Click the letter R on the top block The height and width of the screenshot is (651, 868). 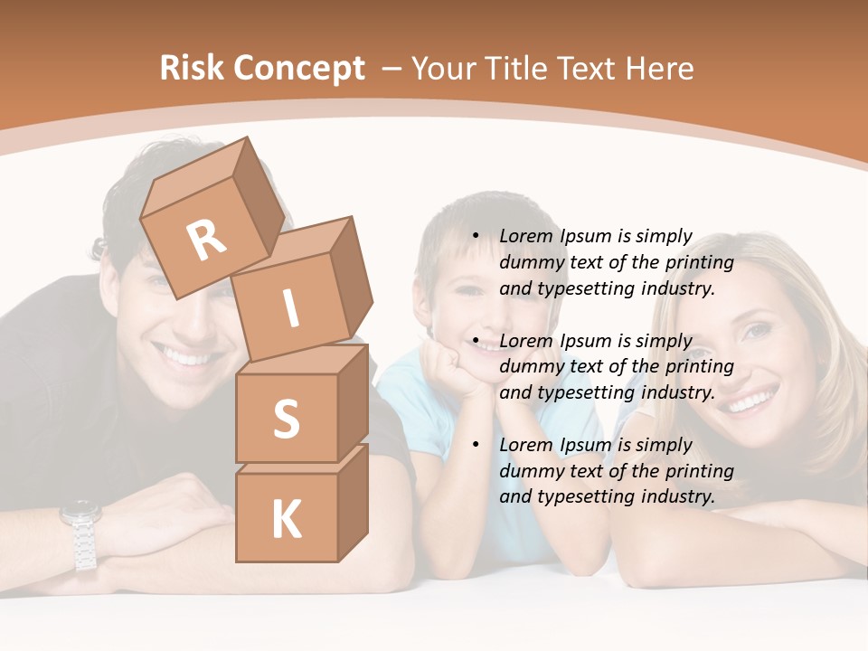[x=207, y=240]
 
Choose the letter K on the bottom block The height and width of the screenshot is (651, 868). [x=286, y=520]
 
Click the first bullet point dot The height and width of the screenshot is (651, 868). [x=476, y=237]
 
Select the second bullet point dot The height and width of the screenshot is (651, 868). [x=476, y=341]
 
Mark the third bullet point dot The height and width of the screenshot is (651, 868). [x=476, y=445]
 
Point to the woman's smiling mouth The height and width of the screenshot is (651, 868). [x=752, y=399]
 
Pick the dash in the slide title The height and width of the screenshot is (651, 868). [x=392, y=69]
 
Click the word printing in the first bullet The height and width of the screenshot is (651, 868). [x=699, y=263]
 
